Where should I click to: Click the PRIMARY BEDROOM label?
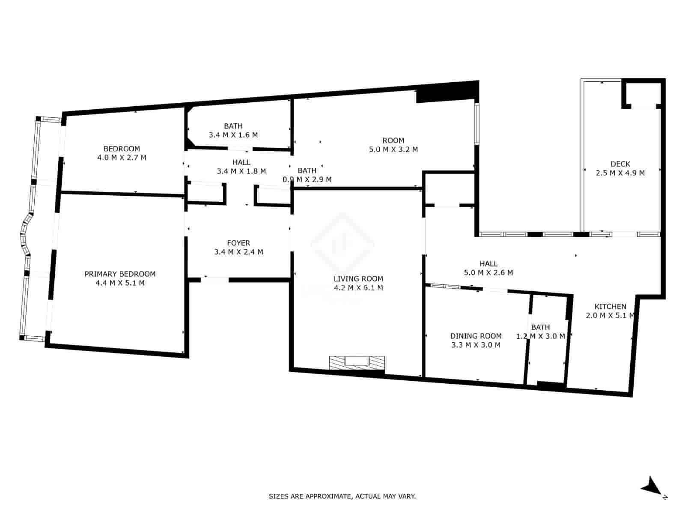coord(120,274)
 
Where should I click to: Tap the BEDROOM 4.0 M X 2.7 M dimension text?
coord(122,158)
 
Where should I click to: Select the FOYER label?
coord(238,243)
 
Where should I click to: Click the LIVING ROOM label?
coord(358,279)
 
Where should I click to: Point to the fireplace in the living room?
coord(357,362)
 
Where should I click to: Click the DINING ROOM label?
coord(476,336)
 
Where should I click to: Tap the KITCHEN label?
coord(610,307)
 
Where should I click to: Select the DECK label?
coord(620,164)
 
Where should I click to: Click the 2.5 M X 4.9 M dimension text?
coord(620,173)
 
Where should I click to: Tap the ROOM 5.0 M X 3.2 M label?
coord(393,145)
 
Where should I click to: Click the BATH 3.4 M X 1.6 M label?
coord(233,130)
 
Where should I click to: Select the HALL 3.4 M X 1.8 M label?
coord(241,167)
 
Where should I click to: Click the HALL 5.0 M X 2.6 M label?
coord(488,268)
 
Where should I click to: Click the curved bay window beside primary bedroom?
coord(26,233)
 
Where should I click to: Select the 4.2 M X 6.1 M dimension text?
coord(358,288)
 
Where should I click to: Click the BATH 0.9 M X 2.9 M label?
coord(307,175)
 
